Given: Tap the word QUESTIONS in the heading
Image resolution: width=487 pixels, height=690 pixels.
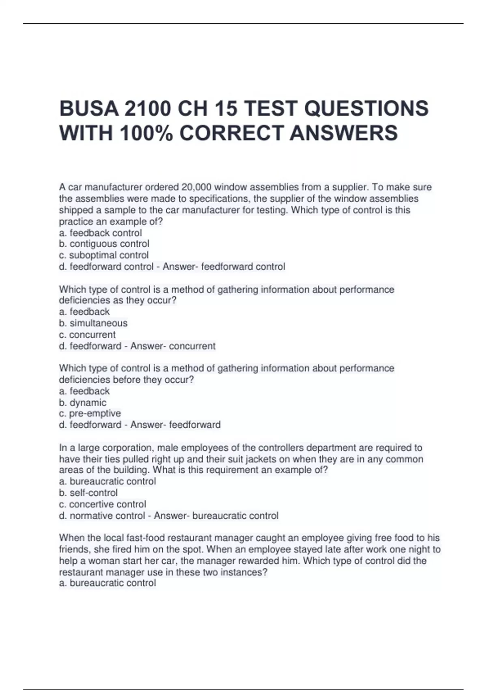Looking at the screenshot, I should coord(366,108).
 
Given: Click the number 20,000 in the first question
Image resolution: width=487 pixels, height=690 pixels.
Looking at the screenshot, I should coord(196,187).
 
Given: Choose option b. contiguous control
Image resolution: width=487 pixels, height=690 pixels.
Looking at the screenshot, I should coord(104,244).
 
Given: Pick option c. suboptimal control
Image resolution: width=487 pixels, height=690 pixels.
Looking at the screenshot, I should coord(104,255).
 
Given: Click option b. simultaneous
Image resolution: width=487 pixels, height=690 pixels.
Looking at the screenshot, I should coord(93,323).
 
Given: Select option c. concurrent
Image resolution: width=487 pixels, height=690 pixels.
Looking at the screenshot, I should coord(87,334).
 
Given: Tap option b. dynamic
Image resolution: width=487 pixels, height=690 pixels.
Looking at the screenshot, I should coord(83,403).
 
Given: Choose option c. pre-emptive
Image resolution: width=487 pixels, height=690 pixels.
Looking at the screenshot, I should coord(90,414).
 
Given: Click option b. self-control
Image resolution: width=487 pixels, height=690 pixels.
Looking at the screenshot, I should coord(88,493).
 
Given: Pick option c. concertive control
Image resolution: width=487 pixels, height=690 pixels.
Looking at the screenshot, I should coord(103,504).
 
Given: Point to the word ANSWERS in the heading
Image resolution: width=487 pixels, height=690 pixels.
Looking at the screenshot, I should coord(344,133).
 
